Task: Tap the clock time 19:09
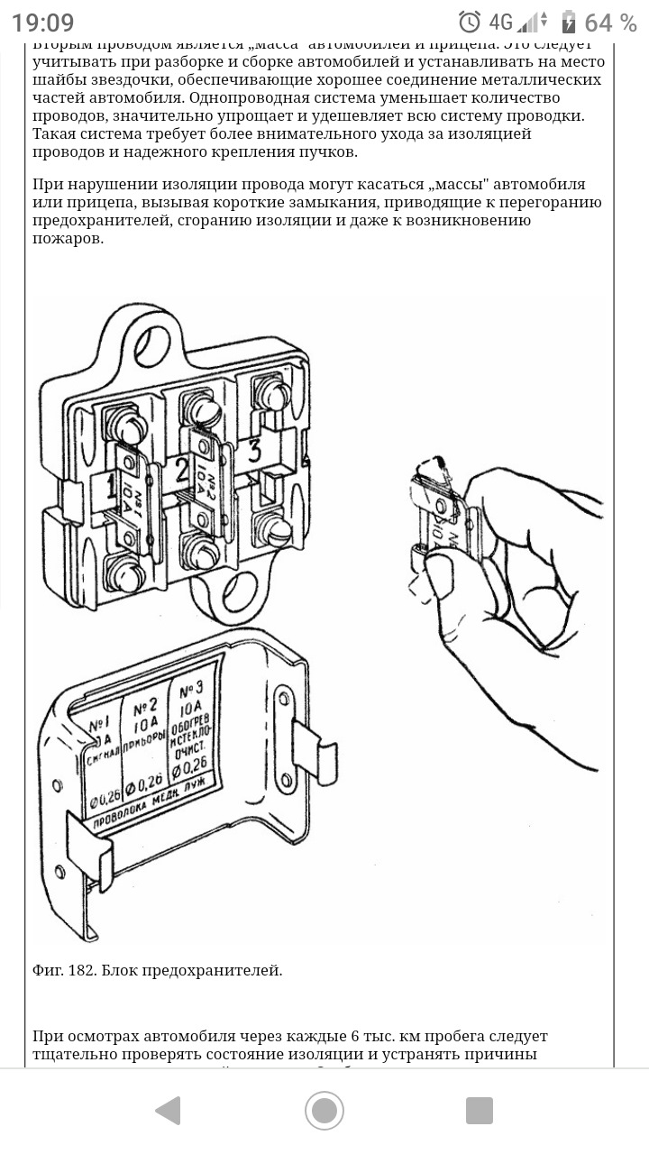click(43, 23)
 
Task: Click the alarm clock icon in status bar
click(469, 23)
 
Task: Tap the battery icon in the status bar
click(568, 23)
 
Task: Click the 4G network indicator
click(501, 23)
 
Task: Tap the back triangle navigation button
click(169, 1110)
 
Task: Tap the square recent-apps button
click(479, 1110)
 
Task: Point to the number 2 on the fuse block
click(183, 470)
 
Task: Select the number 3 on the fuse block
click(254, 452)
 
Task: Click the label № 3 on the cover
click(190, 691)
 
